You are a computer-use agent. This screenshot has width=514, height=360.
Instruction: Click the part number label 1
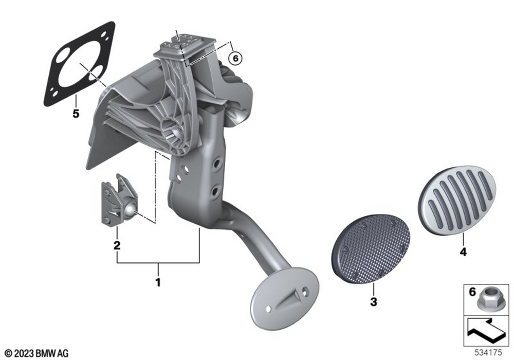[x=158, y=282]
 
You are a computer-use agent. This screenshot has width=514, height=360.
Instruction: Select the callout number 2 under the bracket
[x=117, y=245]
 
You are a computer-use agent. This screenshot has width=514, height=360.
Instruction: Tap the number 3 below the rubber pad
[x=373, y=302]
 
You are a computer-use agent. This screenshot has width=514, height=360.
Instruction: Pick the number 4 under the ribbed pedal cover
[x=463, y=252]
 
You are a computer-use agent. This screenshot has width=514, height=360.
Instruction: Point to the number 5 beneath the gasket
[x=76, y=114]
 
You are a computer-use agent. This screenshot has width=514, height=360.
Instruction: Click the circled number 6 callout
[x=235, y=58]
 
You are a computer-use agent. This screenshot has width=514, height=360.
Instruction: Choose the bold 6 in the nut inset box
[x=472, y=292]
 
